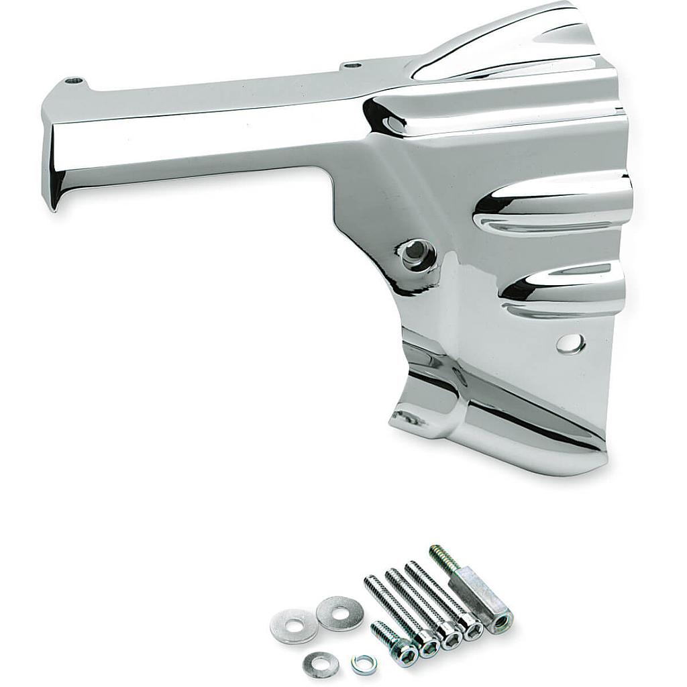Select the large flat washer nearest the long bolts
tap(339, 613)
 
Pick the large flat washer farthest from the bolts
tap(293, 625)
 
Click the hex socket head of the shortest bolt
tap(409, 649)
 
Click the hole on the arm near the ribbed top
tap(351, 66)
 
